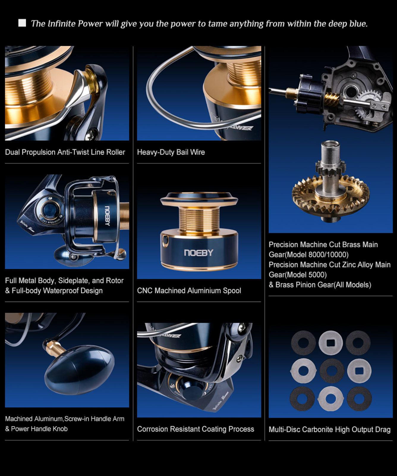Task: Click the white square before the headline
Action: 22,23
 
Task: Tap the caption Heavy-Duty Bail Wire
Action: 171,152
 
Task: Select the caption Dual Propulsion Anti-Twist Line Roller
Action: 65,152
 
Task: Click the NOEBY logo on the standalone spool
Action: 198,253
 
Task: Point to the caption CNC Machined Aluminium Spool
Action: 189,291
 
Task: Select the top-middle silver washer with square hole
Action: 331,343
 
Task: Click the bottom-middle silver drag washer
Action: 330,399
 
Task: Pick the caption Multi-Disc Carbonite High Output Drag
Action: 330,430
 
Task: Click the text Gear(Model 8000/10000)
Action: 309,255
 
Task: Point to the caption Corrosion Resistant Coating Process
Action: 196,429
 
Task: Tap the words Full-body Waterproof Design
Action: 57,291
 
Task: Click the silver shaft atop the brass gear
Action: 331,167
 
